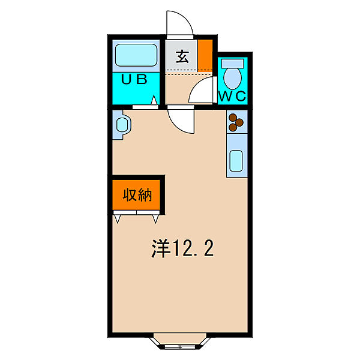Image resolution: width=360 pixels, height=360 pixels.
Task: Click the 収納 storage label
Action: (x=137, y=195)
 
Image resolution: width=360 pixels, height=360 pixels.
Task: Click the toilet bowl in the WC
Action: (x=233, y=78)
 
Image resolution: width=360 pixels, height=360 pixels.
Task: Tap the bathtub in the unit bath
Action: (x=136, y=57)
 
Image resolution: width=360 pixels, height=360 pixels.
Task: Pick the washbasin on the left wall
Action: (x=122, y=125)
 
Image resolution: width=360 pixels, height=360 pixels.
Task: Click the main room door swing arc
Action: (x=181, y=120)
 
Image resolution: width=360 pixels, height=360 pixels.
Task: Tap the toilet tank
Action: (x=233, y=63)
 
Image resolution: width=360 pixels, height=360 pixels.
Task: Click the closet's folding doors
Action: (x=137, y=216)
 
